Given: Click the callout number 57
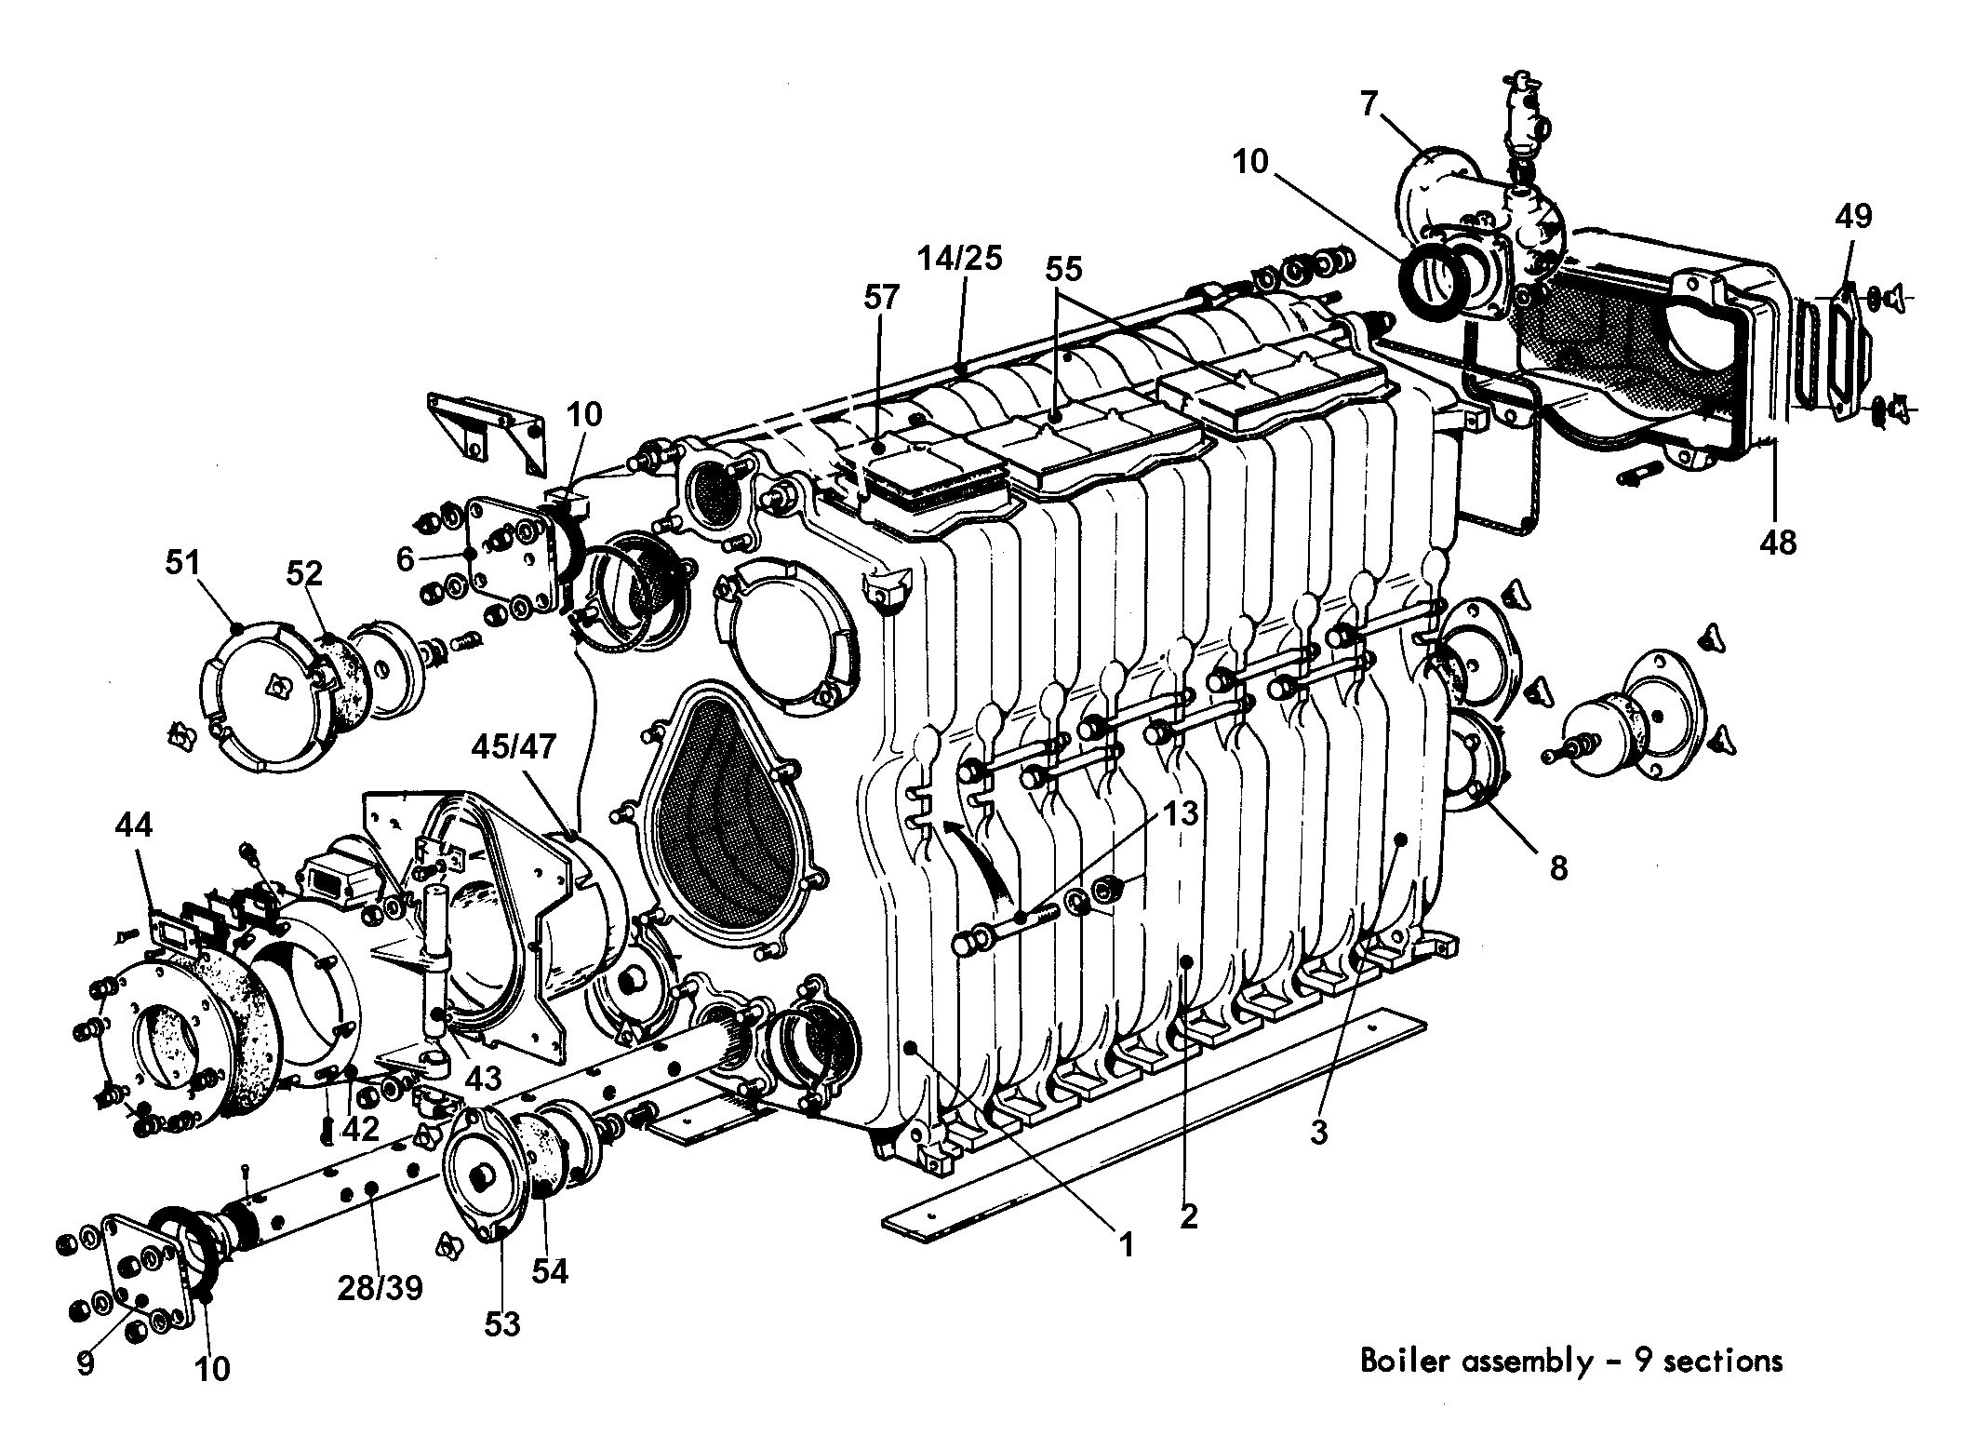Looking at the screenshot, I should [881, 298].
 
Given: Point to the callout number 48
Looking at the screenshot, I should [1778, 542].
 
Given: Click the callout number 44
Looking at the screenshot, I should [133, 825].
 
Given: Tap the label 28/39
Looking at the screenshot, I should [380, 1287].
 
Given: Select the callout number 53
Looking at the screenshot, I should [503, 1322].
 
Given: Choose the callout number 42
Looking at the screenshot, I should [361, 1128].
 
